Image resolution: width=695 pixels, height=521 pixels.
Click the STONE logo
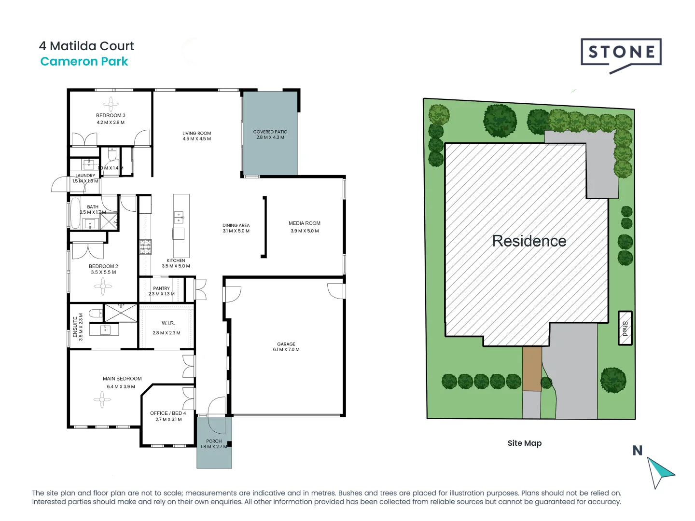coord(621,53)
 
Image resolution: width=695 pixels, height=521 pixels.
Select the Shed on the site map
coord(625,328)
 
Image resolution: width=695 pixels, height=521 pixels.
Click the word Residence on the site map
coord(529,241)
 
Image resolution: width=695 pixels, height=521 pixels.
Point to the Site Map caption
coord(524,443)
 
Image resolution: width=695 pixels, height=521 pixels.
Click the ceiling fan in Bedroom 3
coord(111,104)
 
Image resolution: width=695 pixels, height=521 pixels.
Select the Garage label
coord(286,344)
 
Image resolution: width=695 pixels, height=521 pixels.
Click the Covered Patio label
coord(270,132)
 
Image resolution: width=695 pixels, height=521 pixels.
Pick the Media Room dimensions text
coord(305,231)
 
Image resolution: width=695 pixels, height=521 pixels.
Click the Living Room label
coord(196,133)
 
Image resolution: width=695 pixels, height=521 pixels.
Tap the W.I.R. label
coord(168,323)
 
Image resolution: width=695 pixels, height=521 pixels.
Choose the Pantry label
coord(161,288)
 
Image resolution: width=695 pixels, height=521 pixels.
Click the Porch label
coord(214,441)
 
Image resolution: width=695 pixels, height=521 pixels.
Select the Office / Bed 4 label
coord(168,413)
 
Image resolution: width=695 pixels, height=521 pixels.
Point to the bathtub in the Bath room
coord(75,213)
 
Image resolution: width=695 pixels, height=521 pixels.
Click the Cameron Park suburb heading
coord(84,61)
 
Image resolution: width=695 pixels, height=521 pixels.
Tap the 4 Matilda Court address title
coord(86,46)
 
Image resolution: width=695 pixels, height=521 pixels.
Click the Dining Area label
coord(236,225)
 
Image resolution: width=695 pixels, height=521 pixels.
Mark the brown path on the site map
coord(532,369)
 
